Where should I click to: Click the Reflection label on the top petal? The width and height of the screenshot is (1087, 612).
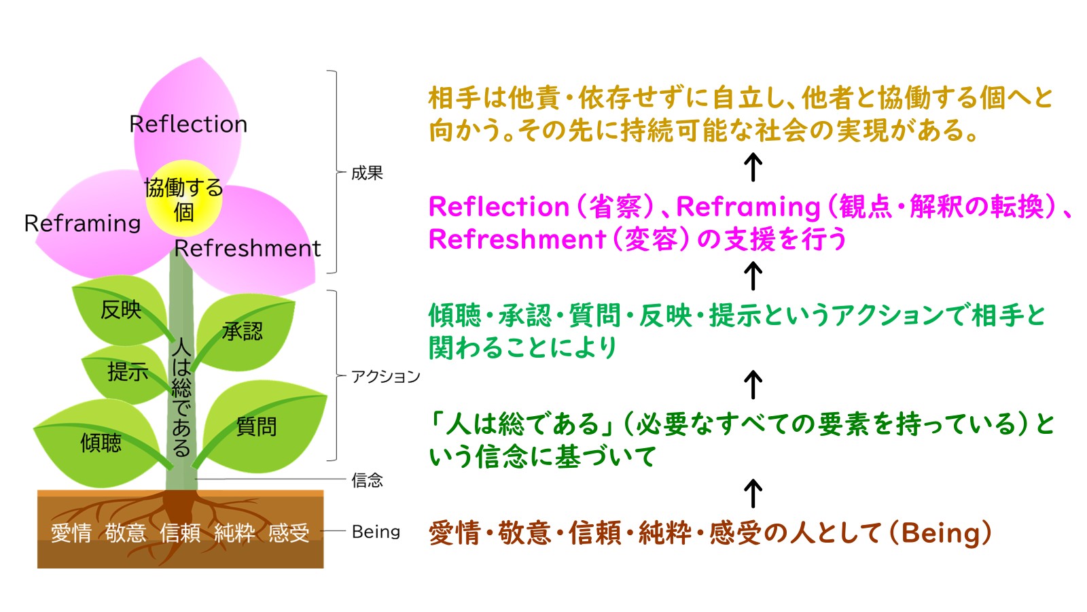(188, 124)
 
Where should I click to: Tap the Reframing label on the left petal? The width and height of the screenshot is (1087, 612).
(82, 223)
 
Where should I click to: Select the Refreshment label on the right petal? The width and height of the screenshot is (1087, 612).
(247, 249)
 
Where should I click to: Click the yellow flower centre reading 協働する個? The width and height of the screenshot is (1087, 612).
(183, 199)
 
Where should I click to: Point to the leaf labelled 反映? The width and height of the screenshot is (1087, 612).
(120, 310)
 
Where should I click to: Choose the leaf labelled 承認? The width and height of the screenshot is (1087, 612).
(243, 332)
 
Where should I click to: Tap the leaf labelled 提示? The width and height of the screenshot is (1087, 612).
(127, 372)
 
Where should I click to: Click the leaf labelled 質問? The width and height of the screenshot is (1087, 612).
(256, 427)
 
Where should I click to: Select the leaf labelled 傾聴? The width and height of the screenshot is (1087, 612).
(101, 443)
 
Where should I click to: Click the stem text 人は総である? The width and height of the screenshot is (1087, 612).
(181, 397)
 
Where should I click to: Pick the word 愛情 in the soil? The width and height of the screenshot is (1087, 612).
(71, 532)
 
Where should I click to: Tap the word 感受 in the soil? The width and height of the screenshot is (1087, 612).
(289, 532)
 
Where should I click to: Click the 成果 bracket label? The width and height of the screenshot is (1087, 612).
(367, 173)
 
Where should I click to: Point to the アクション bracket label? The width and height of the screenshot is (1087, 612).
(385, 377)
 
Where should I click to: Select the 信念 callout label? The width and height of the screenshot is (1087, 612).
(367, 481)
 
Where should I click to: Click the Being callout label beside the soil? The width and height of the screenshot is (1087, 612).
(376, 532)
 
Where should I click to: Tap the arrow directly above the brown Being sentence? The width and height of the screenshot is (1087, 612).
(753, 493)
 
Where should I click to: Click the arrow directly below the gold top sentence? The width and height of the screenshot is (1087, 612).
(753, 167)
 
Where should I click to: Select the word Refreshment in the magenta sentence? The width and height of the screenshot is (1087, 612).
(517, 239)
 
